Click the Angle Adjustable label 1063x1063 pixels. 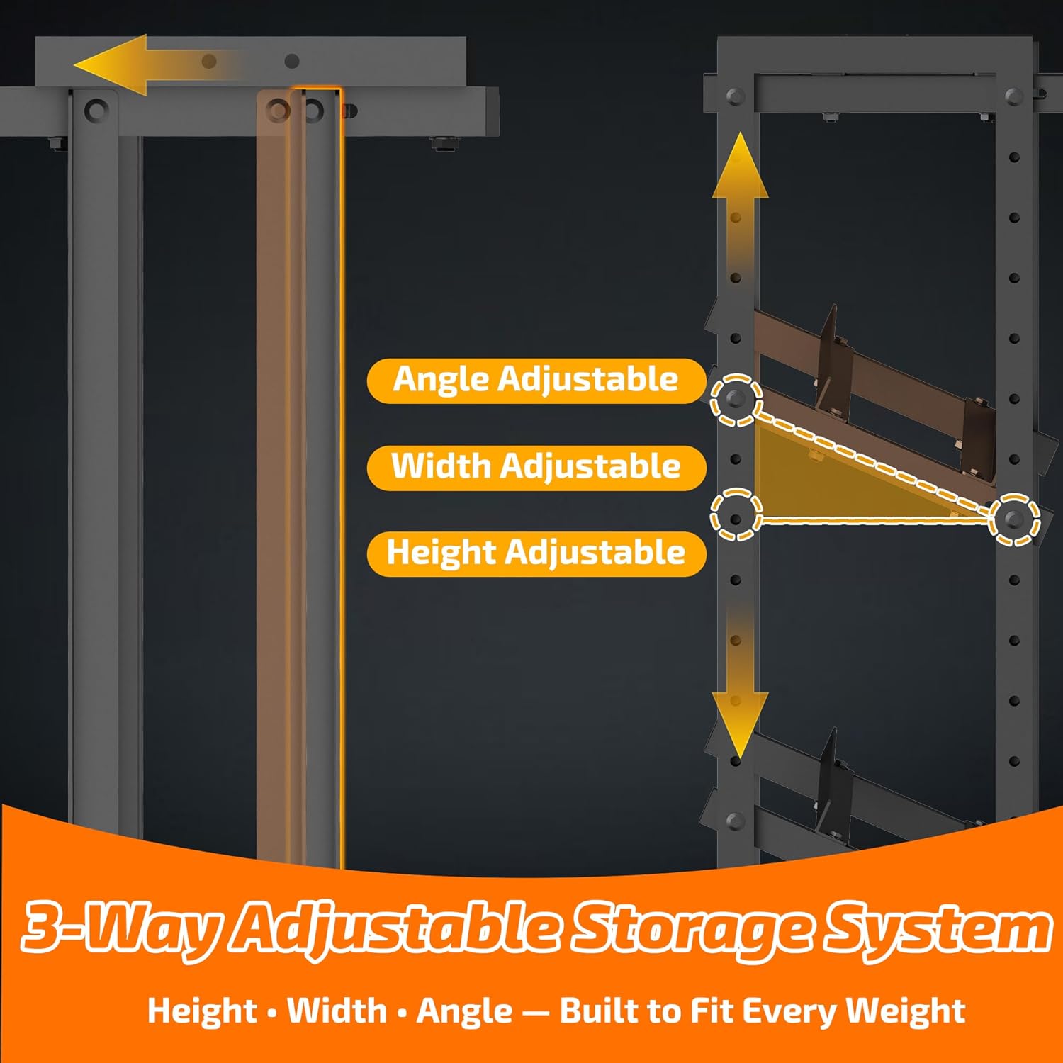click(x=536, y=380)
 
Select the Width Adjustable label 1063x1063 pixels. click(x=536, y=467)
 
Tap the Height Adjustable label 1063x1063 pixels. click(x=536, y=553)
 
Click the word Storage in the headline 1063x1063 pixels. click(x=691, y=928)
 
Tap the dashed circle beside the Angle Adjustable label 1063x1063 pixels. click(x=736, y=400)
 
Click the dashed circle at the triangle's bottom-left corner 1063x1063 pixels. click(x=736, y=514)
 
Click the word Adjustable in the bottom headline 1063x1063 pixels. click(x=397, y=928)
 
